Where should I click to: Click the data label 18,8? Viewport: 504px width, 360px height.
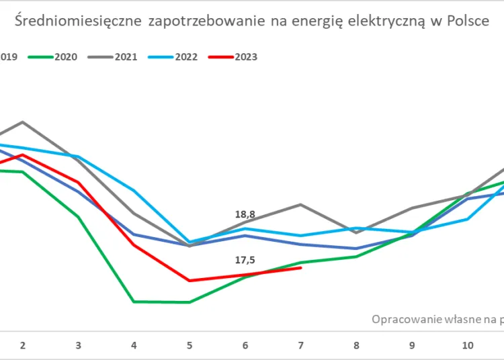[245, 214]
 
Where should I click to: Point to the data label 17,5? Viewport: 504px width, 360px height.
[245, 260]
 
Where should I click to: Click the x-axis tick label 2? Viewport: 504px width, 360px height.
[23, 345]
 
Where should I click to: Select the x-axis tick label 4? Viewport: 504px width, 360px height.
[134, 345]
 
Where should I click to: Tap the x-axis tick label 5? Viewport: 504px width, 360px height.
[190, 345]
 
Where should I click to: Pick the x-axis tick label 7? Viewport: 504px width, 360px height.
[300, 345]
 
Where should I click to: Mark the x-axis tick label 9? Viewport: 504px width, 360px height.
[411, 345]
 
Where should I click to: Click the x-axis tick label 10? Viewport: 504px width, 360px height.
[467, 345]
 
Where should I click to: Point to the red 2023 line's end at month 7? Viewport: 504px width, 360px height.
[300, 267]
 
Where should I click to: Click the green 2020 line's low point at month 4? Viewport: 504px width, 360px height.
[134, 302]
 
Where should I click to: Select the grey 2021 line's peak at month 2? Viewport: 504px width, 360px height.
[23, 122]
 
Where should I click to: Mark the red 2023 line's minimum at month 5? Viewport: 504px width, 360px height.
[190, 281]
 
